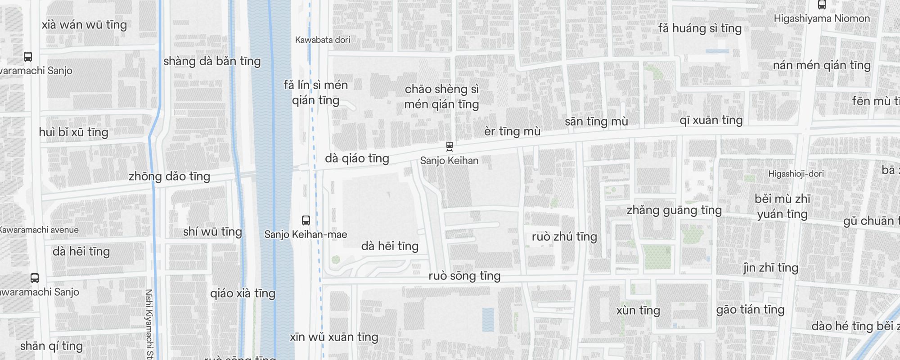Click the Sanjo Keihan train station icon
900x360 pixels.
pos(449,146)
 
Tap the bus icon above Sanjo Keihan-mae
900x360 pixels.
pos(306,220)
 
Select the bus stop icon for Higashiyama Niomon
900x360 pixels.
pos(822,5)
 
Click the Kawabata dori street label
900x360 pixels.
pos(323,40)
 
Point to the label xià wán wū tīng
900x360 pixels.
pos(84,25)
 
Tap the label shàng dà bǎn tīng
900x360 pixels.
pos(212,61)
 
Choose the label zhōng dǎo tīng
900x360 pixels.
pos(169,176)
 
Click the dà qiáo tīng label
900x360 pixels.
pos(357,158)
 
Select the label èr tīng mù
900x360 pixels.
pos(512,131)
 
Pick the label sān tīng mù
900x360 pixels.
pos(596,121)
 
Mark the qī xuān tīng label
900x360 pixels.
pos(711,120)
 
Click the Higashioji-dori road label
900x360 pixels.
pos(796,174)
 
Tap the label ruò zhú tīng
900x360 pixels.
pos(564,237)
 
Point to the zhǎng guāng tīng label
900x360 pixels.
pos(674,210)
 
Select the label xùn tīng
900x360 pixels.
pos(638,310)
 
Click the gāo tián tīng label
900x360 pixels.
pos(750,310)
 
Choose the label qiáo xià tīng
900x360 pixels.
pos(243,293)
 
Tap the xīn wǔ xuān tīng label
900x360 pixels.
pos(334,337)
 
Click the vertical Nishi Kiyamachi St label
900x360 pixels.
pos(149,324)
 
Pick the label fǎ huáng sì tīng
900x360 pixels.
pos(700,28)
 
